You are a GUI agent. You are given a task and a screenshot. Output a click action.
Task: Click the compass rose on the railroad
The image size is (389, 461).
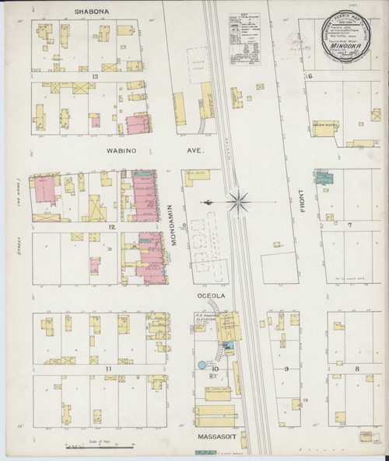coord(237,201)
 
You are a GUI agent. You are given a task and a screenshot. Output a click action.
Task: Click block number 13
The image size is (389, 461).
coord(95,76)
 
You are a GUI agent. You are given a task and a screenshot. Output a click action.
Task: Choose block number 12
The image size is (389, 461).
coord(113,225)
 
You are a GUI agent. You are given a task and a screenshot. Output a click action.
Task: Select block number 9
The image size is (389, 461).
coord(286,367)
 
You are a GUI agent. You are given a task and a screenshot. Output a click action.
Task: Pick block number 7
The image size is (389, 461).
coord(350,226)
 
